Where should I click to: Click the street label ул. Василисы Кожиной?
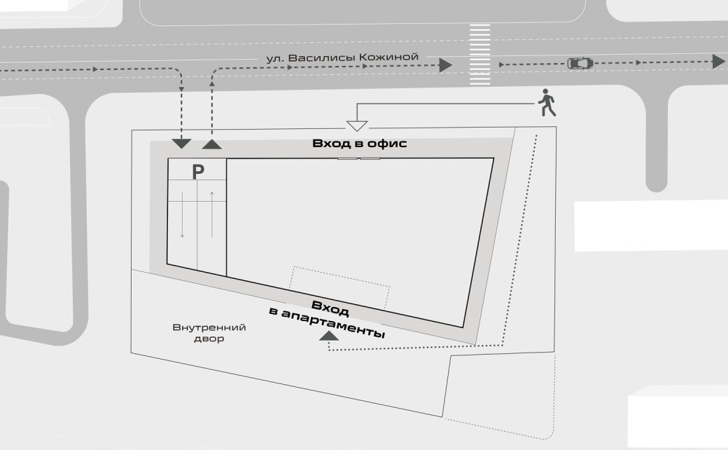[342, 57]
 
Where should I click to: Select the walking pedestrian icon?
[547, 104]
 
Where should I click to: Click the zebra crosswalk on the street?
[479, 55]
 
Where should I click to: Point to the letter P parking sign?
[198, 171]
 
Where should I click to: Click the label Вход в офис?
[359, 144]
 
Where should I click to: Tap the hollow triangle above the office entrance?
[358, 126]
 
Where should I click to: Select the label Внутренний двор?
[209, 333]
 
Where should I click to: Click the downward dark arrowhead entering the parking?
[181, 144]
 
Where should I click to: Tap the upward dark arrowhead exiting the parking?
[212, 144]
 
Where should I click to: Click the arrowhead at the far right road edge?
[718, 62]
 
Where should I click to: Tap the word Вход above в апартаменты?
[330, 308]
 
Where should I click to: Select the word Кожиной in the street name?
[394, 57]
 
